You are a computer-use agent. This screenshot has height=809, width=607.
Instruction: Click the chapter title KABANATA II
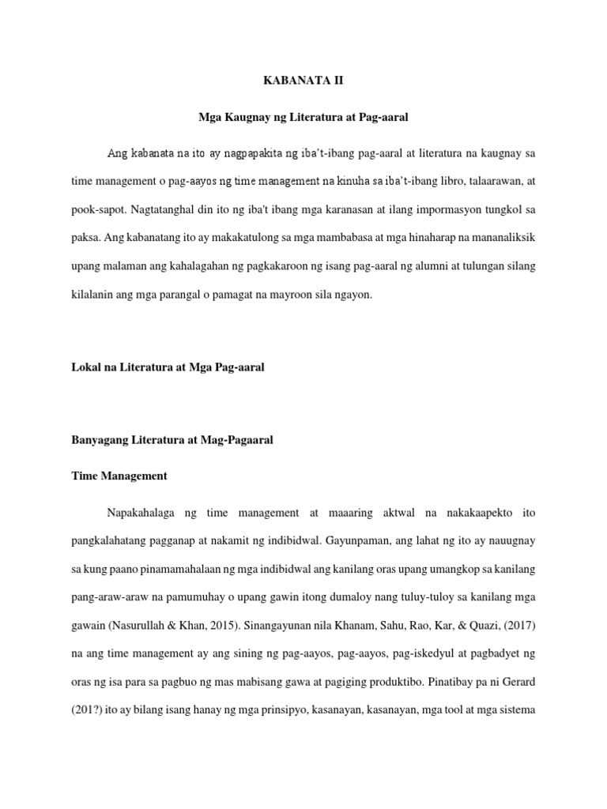tap(303, 80)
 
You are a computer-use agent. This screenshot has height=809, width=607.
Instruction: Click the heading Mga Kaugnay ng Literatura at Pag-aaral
tap(303, 116)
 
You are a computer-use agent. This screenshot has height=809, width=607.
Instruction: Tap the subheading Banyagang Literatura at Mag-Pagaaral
tap(172, 441)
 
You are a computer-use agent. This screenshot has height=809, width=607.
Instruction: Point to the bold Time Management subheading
tap(119, 476)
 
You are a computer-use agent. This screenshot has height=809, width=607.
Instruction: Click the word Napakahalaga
tap(140, 513)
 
